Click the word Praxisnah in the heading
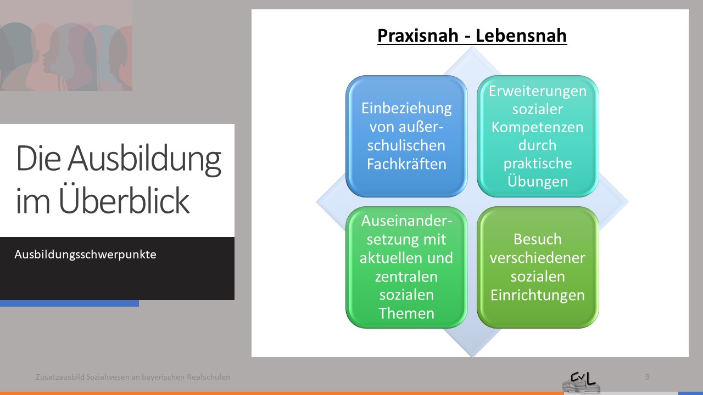(418, 36)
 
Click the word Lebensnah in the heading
(521, 35)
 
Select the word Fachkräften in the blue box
(407, 163)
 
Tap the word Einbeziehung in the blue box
(406, 109)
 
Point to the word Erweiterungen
(538, 92)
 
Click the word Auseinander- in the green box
(406, 221)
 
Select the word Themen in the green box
(406, 313)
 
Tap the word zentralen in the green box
(406, 276)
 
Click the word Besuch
(538, 239)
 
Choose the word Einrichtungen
(538, 295)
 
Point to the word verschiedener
(537, 258)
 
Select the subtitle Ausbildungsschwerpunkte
(85, 254)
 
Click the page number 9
(647, 377)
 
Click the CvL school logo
(581, 382)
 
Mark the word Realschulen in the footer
(208, 377)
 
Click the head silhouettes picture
(66, 46)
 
